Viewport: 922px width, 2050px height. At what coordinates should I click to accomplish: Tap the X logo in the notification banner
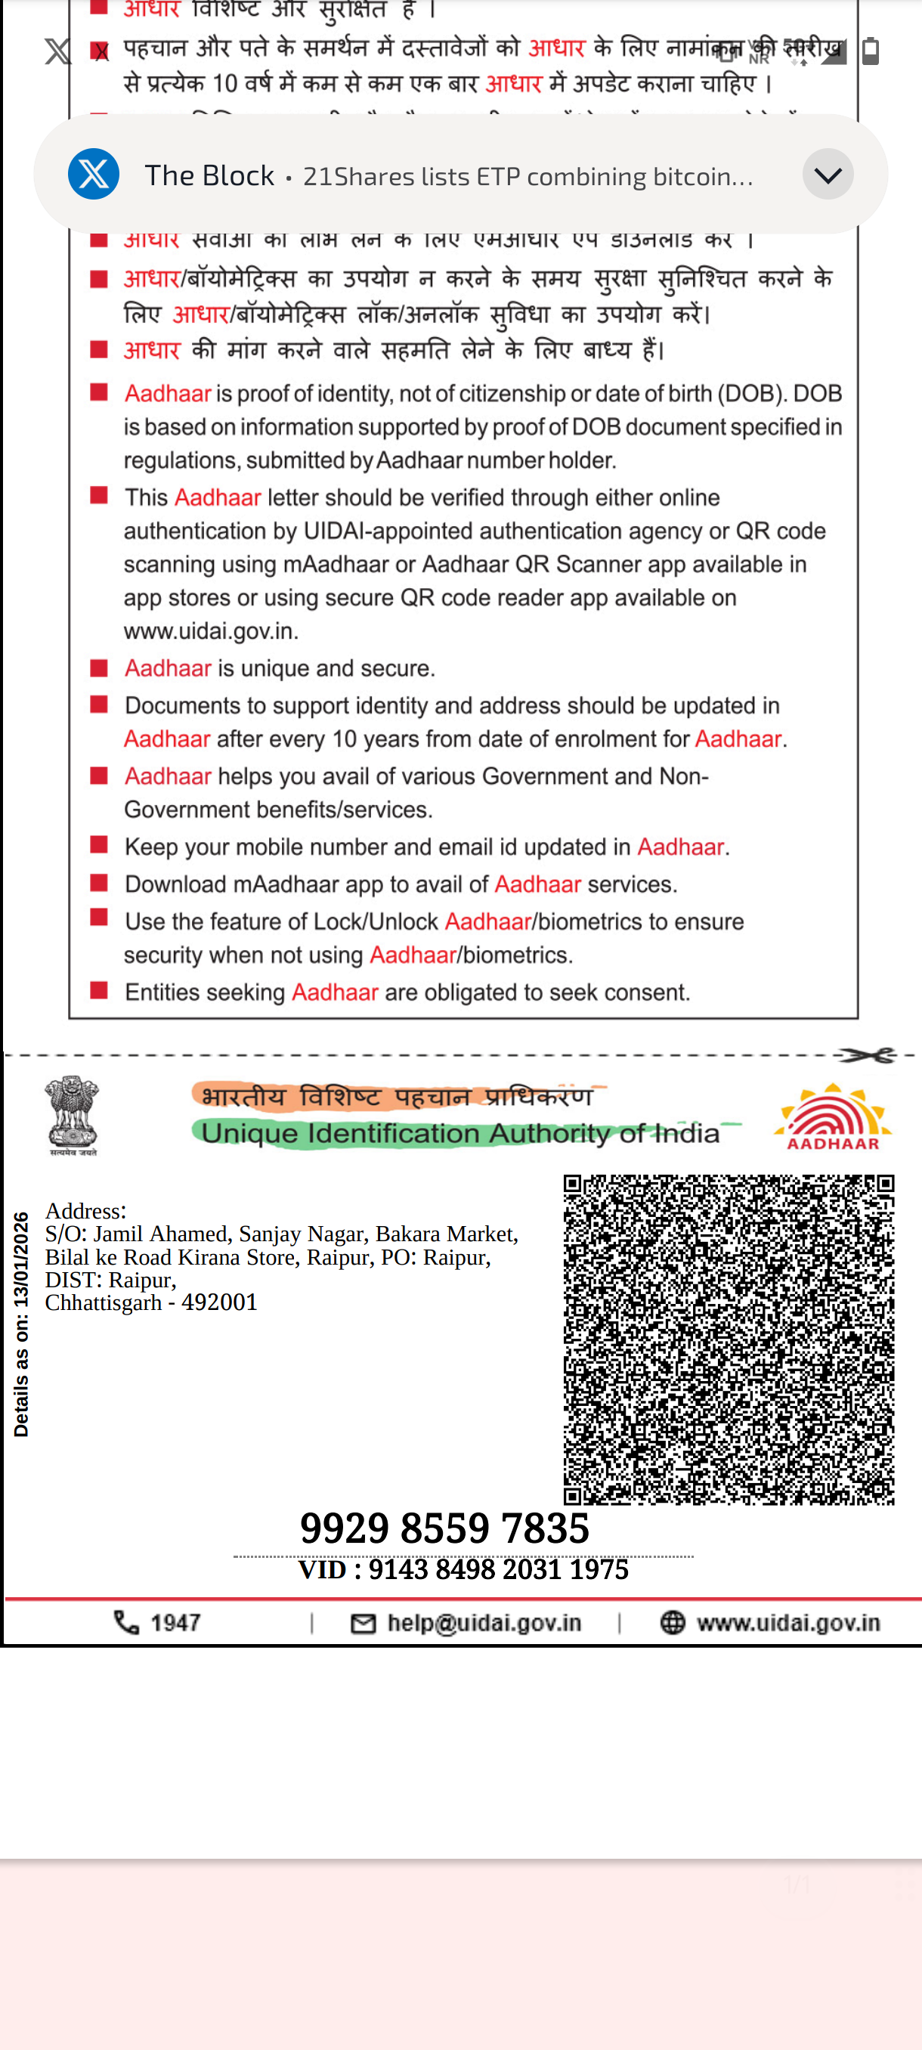pos(94,174)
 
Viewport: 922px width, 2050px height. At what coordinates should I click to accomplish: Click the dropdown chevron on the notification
pos(828,174)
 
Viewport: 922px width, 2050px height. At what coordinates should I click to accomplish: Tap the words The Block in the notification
pos(209,175)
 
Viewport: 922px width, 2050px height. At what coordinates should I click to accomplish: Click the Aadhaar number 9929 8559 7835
pos(444,1528)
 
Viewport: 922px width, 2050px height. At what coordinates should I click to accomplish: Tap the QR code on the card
pos(729,1339)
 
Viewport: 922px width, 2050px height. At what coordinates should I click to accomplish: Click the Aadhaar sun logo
pos(832,1116)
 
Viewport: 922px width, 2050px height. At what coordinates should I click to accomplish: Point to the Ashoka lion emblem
pos(73,1114)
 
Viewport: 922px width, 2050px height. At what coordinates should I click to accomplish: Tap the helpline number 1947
pos(175,1623)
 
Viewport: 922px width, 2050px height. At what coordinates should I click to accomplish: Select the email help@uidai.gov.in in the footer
pos(484,1623)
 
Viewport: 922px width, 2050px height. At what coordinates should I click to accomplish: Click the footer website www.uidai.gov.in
pos(787,1623)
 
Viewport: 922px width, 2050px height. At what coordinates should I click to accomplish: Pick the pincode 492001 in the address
pos(220,1302)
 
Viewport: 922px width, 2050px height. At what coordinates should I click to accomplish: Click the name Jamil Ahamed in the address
pos(160,1234)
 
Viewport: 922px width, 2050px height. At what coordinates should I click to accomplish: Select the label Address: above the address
pos(86,1210)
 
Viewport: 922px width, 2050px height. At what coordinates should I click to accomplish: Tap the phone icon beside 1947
pos(126,1623)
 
